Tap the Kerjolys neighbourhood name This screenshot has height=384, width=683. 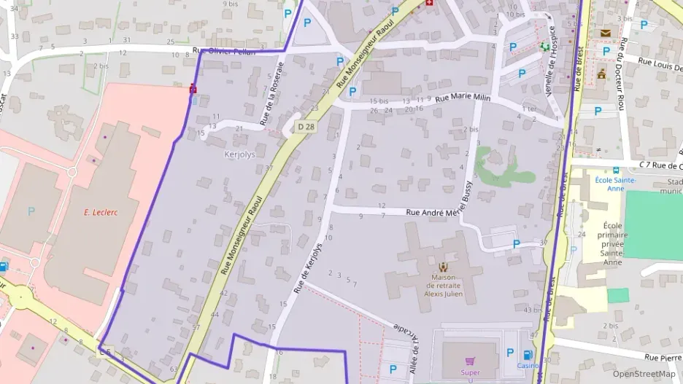tap(241, 155)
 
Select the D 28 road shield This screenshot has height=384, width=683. tap(306, 128)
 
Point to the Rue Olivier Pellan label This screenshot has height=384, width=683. tap(224, 52)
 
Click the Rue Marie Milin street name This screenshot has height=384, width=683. tap(463, 98)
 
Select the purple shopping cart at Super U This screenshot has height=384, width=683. tap(470, 361)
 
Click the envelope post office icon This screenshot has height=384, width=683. tap(606, 33)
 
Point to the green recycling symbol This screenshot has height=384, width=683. tap(544, 46)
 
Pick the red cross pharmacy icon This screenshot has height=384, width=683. tap(429, 4)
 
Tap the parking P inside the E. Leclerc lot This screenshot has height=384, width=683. tap(31, 211)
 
